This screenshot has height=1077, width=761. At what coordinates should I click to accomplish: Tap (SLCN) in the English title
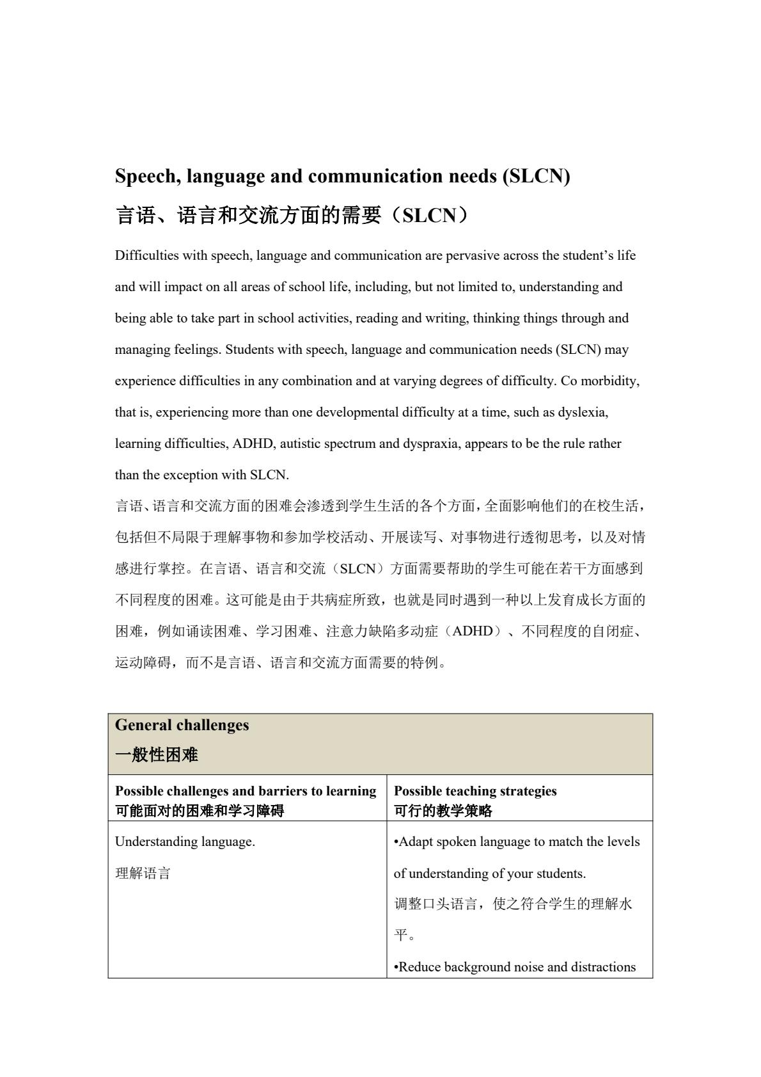pyautogui.click(x=536, y=177)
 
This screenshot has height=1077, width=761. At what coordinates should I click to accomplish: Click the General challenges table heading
pyautogui.click(x=182, y=725)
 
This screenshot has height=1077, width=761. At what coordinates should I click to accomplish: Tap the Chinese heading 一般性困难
pyautogui.click(x=157, y=755)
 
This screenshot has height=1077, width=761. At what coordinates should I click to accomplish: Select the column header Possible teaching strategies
pyautogui.click(x=475, y=791)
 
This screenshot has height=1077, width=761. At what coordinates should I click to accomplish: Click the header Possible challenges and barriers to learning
pyautogui.click(x=246, y=791)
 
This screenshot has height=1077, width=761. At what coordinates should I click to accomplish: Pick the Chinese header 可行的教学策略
pyautogui.click(x=443, y=811)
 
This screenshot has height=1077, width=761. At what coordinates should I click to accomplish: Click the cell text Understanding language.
pyautogui.click(x=185, y=842)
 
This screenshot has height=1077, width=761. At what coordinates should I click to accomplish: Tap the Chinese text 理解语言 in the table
pyautogui.click(x=143, y=874)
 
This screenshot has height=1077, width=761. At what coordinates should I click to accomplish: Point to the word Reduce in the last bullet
pyautogui.click(x=419, y=967)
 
